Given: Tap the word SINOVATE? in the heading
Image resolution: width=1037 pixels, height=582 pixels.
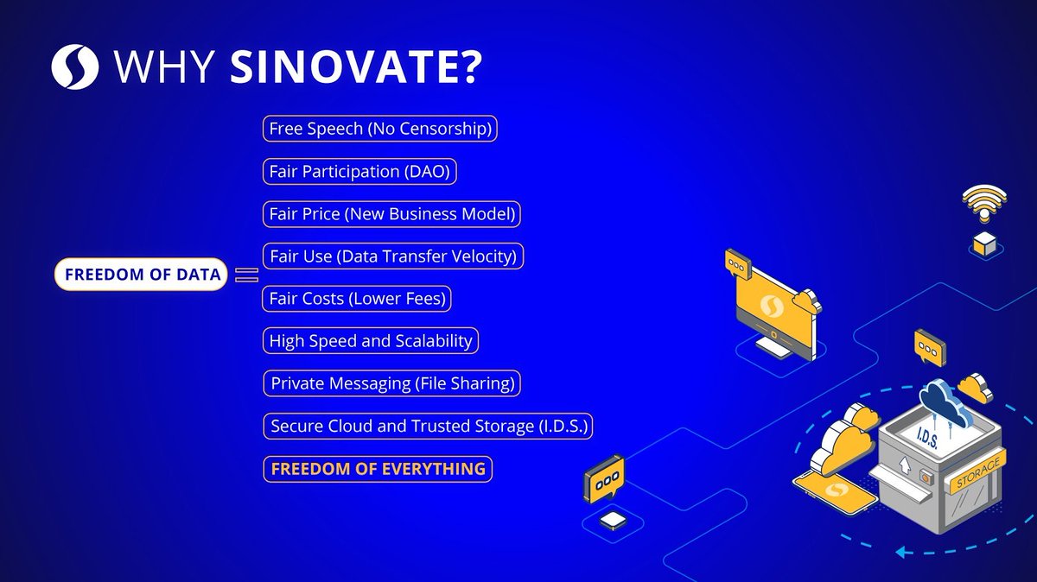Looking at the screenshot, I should click(355, 68).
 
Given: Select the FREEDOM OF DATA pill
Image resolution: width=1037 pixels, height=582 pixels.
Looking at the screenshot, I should click(143, 275).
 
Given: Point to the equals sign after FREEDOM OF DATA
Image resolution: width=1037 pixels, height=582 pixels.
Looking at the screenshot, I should click(247, 275).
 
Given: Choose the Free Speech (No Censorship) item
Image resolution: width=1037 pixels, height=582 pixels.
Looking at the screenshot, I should click(380, 129).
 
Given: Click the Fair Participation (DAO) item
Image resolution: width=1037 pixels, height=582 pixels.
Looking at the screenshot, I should click(359, 171).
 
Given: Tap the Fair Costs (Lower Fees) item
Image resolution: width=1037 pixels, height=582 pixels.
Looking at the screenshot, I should click(357, 299).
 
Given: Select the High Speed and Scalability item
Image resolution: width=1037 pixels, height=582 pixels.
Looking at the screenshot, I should click(370, 341).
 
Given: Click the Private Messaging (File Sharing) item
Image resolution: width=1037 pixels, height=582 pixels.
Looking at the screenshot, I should click(393, 383).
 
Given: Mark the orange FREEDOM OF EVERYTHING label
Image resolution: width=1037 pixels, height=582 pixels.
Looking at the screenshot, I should click(378, 469).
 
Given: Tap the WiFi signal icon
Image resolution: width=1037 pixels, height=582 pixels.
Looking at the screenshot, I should click(986, 206).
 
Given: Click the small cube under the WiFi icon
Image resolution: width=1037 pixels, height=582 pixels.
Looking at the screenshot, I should click(985, 244).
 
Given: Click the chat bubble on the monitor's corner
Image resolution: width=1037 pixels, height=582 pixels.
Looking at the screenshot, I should click(735, 262).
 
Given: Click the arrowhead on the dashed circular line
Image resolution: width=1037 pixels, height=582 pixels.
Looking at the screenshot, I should click(903, 550).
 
